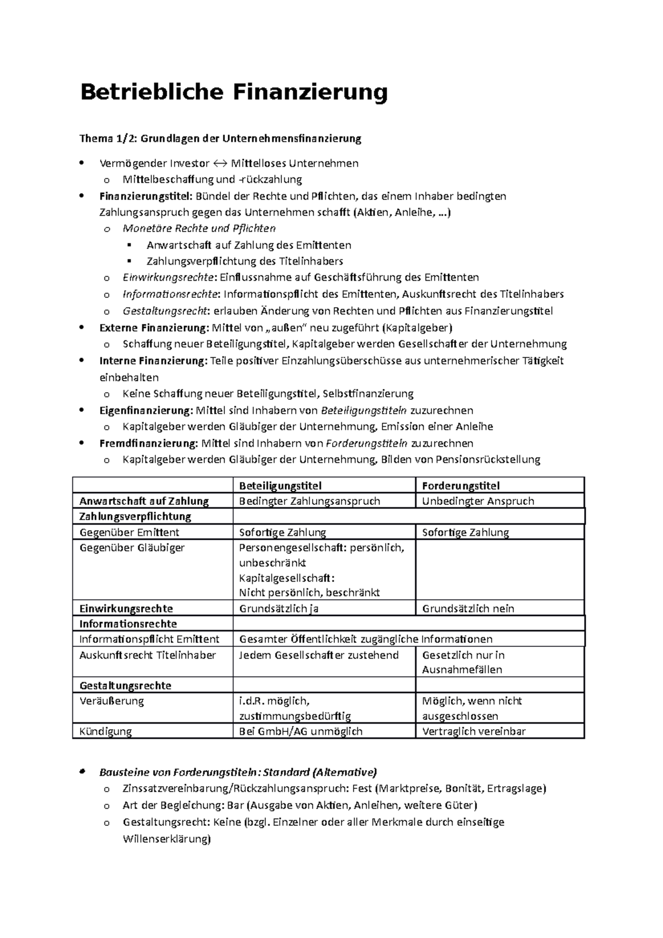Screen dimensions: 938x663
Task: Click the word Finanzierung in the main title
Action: [x=309, y=92]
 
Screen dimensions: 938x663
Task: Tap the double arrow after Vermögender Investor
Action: [x=220, y=164]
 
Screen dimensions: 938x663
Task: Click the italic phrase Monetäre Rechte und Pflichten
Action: [x=199, y=229]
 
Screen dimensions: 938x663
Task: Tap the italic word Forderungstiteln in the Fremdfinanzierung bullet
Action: [x=367, y=443]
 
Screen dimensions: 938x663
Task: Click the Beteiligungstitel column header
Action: [x=280, y=486]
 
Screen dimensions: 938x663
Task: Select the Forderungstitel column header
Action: [x=461, y=486]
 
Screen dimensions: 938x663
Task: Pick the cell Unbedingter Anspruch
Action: [x=478, y=501]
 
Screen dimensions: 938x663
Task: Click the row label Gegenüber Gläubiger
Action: [x=132, y=547]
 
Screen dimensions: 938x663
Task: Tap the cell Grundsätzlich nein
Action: [x=468, y=609]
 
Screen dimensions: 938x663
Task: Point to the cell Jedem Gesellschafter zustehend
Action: [x=319, y=655]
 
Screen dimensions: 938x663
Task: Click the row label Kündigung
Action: [x=106, y=731]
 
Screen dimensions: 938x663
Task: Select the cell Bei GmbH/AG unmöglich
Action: [x=301, y=731]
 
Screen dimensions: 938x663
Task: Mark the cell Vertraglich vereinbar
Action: [x=473, y=731]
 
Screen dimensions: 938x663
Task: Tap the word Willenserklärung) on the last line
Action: [x=167, y=839]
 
